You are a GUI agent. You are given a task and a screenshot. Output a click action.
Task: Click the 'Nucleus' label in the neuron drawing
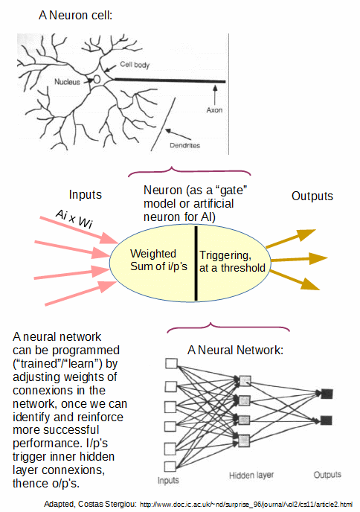pos(67,82)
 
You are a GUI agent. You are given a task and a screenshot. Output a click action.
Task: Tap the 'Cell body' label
pos(135,64)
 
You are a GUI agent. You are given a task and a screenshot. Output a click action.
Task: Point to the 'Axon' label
pos(214,110)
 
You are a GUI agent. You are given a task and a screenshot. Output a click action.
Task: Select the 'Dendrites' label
pos(184,145)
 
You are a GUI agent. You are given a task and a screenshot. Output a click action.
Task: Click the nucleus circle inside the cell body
pos(97,79)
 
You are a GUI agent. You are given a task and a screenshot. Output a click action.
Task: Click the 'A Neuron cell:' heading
pos(75,15)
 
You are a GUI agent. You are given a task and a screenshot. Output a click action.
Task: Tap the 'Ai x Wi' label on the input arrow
pos(74,219)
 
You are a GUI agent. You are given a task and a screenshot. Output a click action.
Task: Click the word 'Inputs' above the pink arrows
pos(86,195)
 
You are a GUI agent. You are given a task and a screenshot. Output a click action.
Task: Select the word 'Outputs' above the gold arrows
pos(312,196)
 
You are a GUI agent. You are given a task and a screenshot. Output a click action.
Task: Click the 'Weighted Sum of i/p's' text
pos(158,260)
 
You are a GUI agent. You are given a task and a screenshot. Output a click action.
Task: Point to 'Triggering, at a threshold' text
pos(232,261)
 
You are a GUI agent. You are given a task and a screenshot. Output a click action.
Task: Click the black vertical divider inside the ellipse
pos(196,263)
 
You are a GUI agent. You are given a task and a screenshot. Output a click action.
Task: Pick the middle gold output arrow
pos(299,259)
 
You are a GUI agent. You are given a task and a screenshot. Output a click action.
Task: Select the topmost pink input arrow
pos(79,230)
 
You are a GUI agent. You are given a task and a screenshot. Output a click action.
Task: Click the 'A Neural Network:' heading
pos(235,350)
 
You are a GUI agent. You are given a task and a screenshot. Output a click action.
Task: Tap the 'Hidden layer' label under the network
pos(251,476)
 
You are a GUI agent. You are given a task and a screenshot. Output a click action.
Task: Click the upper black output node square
pos(327,394)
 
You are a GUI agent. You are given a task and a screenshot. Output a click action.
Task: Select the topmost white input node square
pos(171,363)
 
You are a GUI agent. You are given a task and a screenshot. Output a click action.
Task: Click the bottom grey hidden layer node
pos(244,441)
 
